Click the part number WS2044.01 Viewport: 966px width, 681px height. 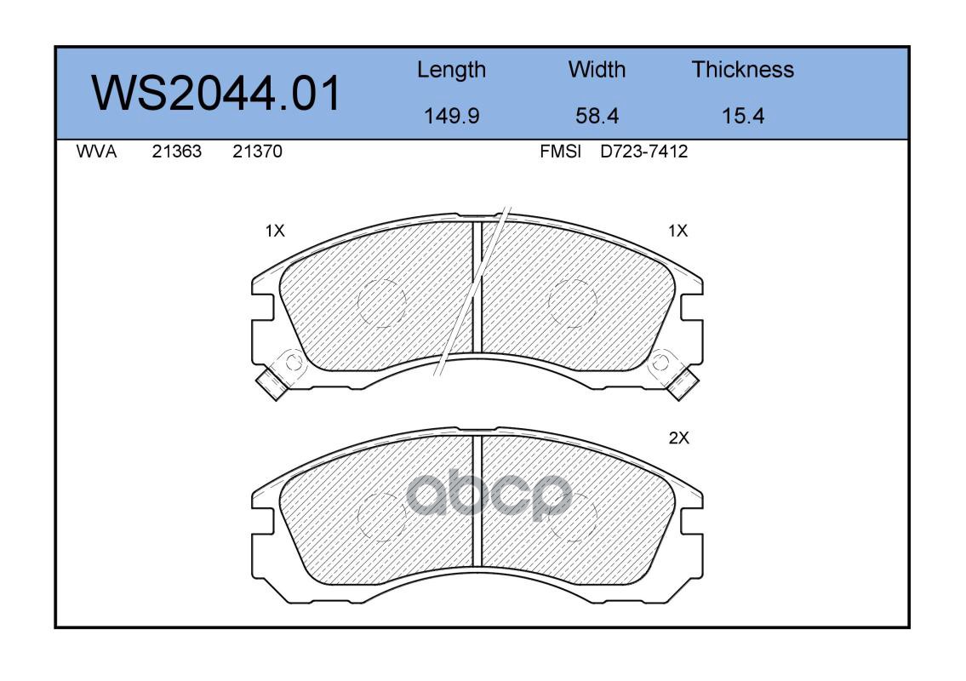pyautogui.click(x=215, y=93)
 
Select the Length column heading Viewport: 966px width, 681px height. pyautogui.click(x=452, y=71)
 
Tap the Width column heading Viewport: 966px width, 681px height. pyautogui.click(x=597, y=69)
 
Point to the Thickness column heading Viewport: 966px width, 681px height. pyautogui.click(x=742, y=69)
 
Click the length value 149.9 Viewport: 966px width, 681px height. pyautogui.click(x=452, y=116)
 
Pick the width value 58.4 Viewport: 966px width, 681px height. pyautogui.click(x=597, y=116)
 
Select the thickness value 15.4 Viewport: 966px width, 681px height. pyautogui.click(x=743, y=116)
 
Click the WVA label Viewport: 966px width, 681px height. pyautogui.click(x=97, y=152)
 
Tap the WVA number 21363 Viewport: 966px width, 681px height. pyautogui.click(x=177, y=152)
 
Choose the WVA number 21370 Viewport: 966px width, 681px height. pyautogui.click(x=258, y=152)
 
